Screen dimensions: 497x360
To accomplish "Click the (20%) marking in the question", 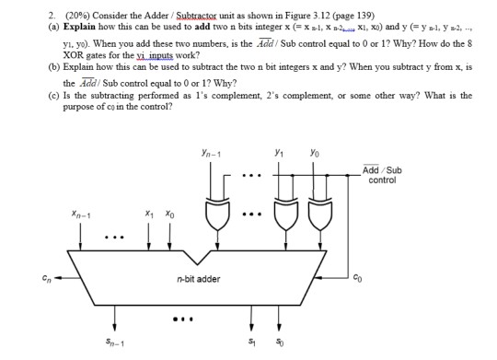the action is (45, 15).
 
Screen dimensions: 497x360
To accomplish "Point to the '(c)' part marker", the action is (34, 95).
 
